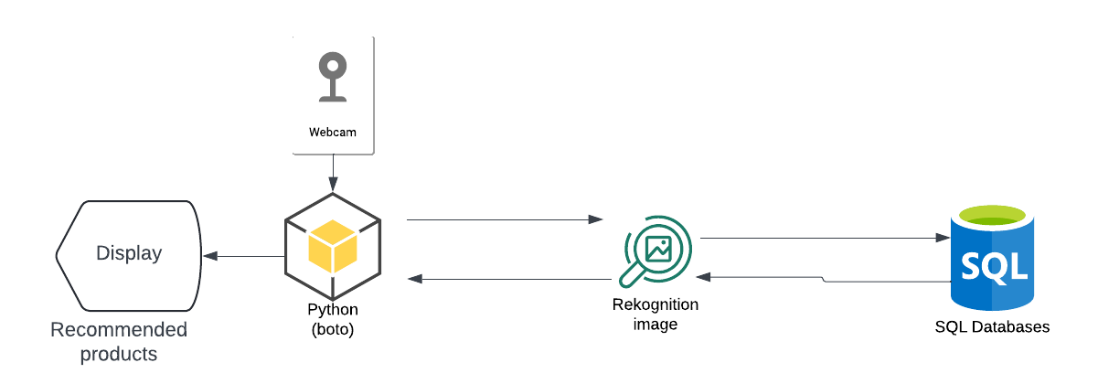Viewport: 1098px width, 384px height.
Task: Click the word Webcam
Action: (x=332, y=133)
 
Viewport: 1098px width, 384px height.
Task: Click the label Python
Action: (x=332, y=312)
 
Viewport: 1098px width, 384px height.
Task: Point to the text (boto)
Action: (x=332, y=329)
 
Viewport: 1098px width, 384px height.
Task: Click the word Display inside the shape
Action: (x=129, y=253)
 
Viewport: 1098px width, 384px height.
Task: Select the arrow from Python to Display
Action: (x=242, y=256)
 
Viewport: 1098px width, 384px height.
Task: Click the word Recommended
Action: (x=119, y=330)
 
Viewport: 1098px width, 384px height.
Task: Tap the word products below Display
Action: (x=119, y=354)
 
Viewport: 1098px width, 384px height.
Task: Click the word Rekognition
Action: (x=655, y=304)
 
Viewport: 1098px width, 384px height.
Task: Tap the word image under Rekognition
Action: (x=655, y=324)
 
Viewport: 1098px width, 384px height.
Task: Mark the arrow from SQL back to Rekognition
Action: (x=823, y=278)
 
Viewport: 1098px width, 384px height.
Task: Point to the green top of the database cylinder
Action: (x=994, y=217)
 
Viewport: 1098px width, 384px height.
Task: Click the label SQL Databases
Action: (x=992, y=326)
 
